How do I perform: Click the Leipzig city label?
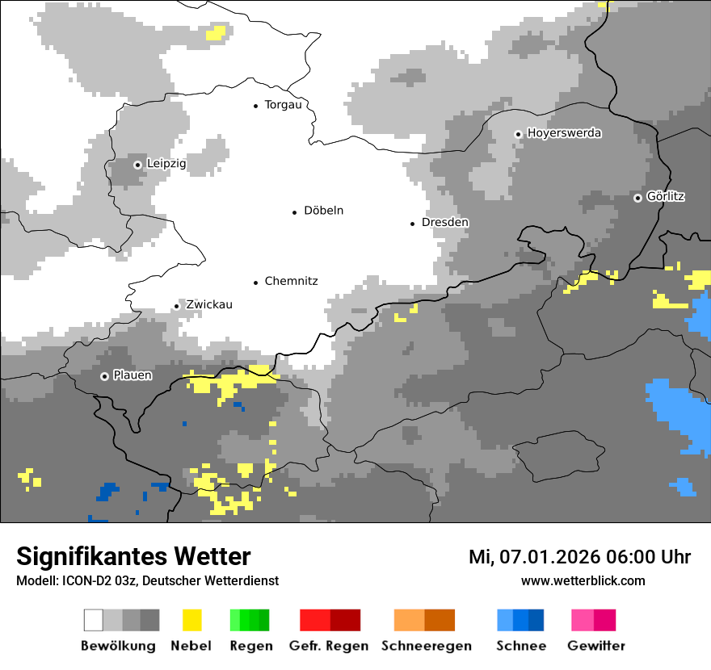click(x=166, y=164)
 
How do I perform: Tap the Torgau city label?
click(x=283, y=105)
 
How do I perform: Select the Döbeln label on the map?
click(x=323, y=211)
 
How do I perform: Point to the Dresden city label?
click(x=445, y=222)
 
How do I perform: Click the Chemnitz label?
click(x=291, y=281)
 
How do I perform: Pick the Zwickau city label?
click(x=209, y=304)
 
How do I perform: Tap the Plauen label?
click(x=133, y=375)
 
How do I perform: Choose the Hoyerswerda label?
click(x=564, y=132)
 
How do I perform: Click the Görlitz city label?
click(x=666, y=196)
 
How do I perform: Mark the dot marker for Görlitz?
click(x=638, y=198)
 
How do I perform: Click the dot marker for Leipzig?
click(x=137, y=165)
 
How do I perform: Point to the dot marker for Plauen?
click(x=104, y=376)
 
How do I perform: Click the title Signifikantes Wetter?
click(x=133, y=557)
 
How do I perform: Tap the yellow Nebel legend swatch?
click(x=191, y=620)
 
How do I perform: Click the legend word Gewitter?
click(x=596, y=646)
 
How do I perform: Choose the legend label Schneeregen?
click(x=427, y=646)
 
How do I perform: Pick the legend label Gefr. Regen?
click(x=329, y=646)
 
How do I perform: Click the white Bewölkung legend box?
click(x=94, y=620)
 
